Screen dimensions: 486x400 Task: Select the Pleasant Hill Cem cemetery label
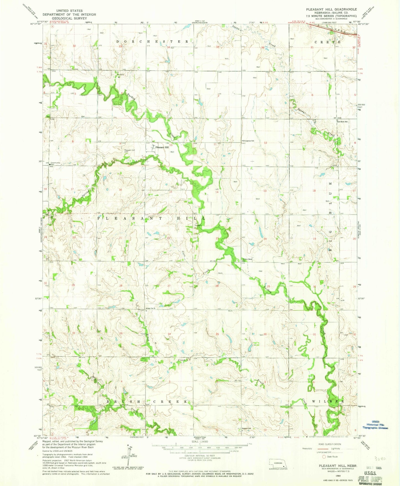pyautogui.click(x=129, y=151)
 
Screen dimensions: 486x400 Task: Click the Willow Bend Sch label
pyautogui.click(x=247, y=260)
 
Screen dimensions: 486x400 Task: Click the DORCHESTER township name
pyautogui.click(x=153, y=41)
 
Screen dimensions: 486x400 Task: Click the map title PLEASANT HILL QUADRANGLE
pyautogui.click(x=331, y=9)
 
